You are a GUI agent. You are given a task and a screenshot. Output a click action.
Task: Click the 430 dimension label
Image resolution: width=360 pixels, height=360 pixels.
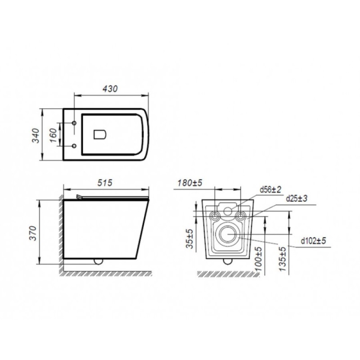(x=110, y=88)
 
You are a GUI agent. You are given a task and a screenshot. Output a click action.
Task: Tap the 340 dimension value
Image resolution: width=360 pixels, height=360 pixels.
(x=36, y=135)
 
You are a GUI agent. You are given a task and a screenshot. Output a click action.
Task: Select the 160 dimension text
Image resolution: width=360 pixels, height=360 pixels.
(x=53, y=135)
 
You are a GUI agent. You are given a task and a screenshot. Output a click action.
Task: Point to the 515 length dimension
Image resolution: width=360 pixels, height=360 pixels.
(x=105, y=183)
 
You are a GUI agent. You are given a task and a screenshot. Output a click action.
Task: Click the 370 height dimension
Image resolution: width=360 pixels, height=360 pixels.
(x=33, y=233)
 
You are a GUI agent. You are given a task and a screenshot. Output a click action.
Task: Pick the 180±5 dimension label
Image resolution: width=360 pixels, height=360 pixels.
(x=189, y=183)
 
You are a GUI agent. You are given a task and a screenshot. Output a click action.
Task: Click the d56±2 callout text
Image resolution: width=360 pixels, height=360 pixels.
(x=270, y=189)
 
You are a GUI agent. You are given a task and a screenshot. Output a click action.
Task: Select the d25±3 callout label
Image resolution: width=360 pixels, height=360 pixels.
(x=297, y=198)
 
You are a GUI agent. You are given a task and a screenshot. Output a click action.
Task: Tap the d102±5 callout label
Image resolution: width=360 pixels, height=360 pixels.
(x=313, y=241)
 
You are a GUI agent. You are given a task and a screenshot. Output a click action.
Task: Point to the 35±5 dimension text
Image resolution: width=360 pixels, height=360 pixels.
(x=190, y=239)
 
